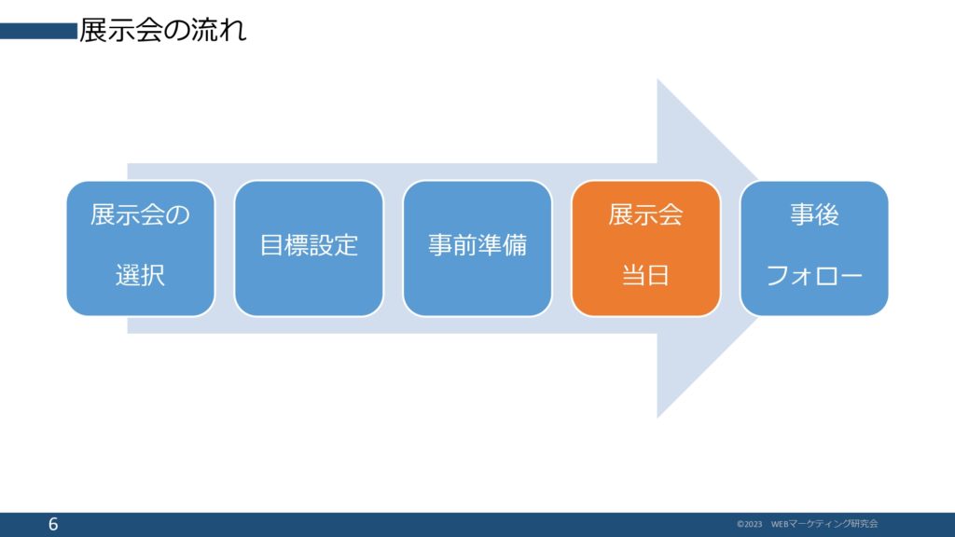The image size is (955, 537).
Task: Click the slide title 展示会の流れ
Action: [x=162, y=31]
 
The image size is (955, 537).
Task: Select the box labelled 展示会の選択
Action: [x=141, y=248]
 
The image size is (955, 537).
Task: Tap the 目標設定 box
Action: [x=309, y=248]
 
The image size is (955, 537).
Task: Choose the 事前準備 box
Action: [x=477, y=248]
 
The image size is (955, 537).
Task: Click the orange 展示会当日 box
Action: [x=645, y=248]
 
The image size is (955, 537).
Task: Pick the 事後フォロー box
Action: [x=814, y=248]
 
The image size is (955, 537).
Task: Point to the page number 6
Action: [x=53, y=524]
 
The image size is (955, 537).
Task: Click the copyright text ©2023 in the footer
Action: [x=749, y=524]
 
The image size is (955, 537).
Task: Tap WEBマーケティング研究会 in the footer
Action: [x=824, y=524]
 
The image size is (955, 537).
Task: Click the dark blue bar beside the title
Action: [x=39, y=31]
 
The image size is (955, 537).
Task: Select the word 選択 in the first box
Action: [x=140, y=275]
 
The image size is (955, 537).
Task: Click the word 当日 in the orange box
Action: [x=645, y=275]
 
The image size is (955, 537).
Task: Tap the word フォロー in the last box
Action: [x=814, y=276]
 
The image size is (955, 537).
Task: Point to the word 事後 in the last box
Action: [x=814, y=214]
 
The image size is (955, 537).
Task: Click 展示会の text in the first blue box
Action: [x=140, y=214]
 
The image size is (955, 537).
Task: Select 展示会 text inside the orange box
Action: [x=645, y=214]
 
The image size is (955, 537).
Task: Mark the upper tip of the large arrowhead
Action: [x=657, y=79]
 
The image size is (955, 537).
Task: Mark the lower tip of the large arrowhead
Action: [x=657, y=418]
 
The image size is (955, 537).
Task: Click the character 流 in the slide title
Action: [x=204, y=31]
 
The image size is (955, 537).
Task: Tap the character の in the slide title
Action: [x=176, y=31]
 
